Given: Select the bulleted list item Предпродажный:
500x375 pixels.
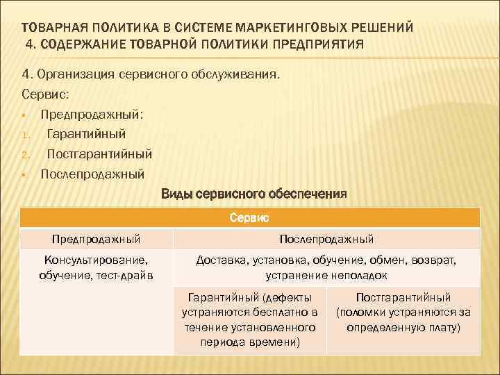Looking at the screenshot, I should point(91,113).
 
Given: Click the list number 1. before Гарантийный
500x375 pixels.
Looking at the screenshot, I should point(24,134).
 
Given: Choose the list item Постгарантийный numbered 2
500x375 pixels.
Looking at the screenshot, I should point(99,153).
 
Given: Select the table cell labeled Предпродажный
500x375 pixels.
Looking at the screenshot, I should point(96,239).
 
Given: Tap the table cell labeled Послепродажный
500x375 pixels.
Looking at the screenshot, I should point(326,239).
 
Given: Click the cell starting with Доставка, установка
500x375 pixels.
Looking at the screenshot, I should point(326,267).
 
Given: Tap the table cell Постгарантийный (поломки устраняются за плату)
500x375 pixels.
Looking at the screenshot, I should point(403,312).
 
